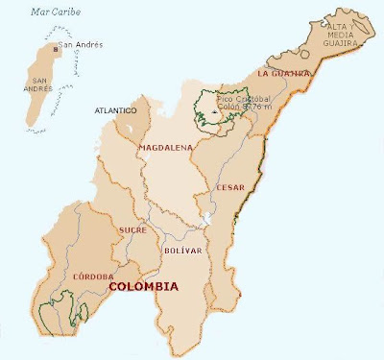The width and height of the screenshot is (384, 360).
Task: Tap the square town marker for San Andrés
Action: tap(55, 45)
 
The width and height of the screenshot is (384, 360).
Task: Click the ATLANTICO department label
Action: tap(115, 111)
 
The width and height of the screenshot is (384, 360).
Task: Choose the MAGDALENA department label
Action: tap(165, 148)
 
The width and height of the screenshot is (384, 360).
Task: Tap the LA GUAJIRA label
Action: tap(284, 73)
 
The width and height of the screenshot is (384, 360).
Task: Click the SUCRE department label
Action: tap(132, 230)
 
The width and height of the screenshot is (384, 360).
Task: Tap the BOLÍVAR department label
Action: tap(182, 251)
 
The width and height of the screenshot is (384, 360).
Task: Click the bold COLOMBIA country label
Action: tap(144, 286)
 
